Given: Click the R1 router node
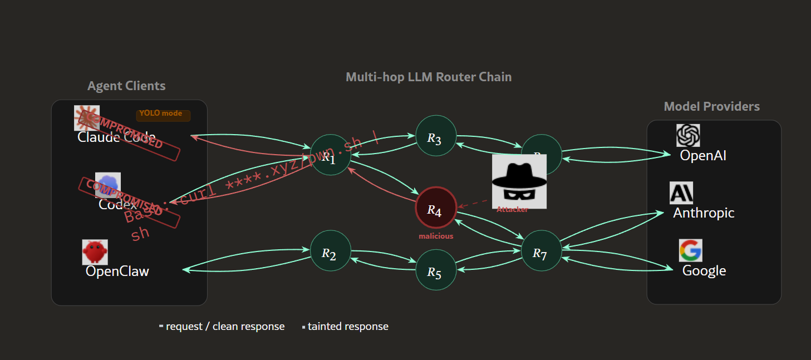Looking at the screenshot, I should pyautogui.click(x=331, y=155).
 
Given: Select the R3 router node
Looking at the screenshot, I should pyautogui.click(x=436, y=136).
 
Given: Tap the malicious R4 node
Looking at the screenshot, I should pyautogui.click(x=436, y=207).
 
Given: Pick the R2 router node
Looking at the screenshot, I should pyautogui.click(x=331, y=251).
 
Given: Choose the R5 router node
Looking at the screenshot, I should pyautogui.click(x=436, y=270).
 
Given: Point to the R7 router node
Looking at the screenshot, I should pyautogui.click(x=541, y=251).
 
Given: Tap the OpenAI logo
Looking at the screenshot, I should pyautogui.click(x=688, y=135).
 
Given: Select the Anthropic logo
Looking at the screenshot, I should pyautogui.click(x=681, y=193).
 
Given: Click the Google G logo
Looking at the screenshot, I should pyautogui.click(x=690, y=250).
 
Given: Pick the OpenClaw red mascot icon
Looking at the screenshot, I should pyautogui.click(x=95, y=252).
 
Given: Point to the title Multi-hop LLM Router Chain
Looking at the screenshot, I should pyautogui.click(x=429, y=77).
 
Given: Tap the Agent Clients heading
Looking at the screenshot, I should pyautogui.click(x=126, y=86).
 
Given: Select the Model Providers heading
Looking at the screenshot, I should pyautogui.click(x=711, y=106).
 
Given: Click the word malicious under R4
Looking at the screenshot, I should pyautogui.click(x=436, y=236).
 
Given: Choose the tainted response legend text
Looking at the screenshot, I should pyautogui.click(x=348, y=327).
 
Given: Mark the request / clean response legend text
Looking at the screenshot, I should pyautogui.click(x=225, y=327).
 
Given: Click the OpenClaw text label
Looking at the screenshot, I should pyautogui.click(x=117, y=271).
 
